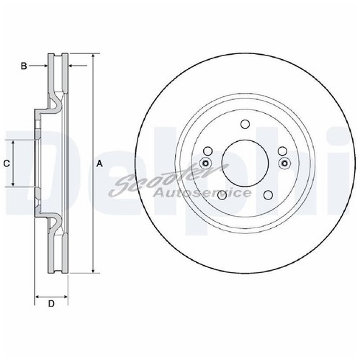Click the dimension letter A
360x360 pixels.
99,164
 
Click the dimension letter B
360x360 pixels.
24,66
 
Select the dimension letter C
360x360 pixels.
6,163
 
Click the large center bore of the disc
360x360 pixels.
244,163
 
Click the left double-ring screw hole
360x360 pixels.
205,163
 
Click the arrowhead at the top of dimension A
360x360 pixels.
94,57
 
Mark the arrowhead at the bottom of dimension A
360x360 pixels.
94,271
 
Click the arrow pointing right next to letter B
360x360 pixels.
43,66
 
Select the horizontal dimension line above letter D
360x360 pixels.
51,296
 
